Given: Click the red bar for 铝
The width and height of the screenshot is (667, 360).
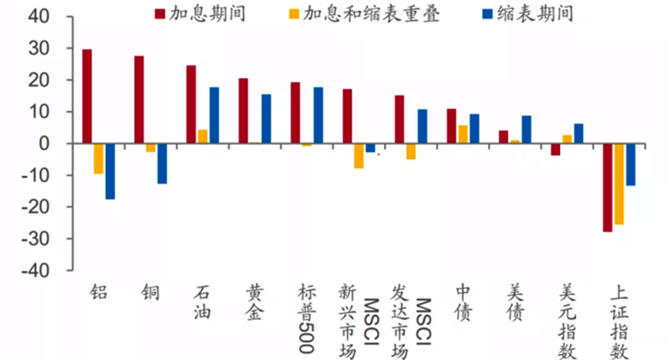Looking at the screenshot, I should (x=87, y=96).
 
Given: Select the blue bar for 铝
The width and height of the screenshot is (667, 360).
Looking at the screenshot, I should (x=110, y=171).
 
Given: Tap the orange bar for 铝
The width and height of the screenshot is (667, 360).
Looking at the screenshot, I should (x=99, y=158).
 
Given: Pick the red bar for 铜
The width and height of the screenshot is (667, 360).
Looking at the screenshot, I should (x=139, y=99).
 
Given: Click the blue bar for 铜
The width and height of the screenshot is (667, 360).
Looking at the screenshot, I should (x=162, y=163).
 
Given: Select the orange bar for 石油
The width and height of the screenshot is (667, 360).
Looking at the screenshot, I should (x=203, y=136).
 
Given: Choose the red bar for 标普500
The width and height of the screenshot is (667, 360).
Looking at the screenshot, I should (x=295, y=113).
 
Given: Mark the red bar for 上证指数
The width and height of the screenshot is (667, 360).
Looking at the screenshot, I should (x=608, y=187).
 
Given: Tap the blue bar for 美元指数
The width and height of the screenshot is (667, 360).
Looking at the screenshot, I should (x=578, y=133).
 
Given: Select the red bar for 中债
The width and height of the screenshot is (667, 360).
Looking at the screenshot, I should (x=451, y=126).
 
